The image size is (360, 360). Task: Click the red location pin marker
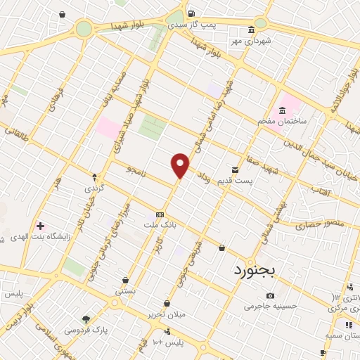tap(181, 165)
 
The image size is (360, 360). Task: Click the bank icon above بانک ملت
tap(160, 214)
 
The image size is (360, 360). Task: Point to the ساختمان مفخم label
tap(281, 121)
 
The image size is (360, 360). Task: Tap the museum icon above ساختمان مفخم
tap(282, 110)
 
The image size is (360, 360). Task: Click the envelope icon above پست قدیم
tap(236, 170)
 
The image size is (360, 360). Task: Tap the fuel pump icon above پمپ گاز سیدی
tap(191, 13)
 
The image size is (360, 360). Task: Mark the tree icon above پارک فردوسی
tap(86, 319)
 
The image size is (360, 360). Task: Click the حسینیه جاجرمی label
tap(271, 305)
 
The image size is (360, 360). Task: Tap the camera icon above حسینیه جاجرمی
tap(271, 295)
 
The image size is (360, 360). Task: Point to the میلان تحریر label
tap(167, 314)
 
